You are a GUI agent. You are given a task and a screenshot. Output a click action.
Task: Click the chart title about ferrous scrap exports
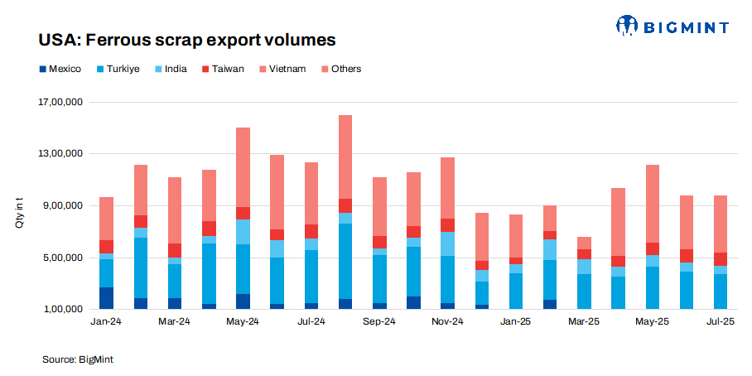click(x=186, y=40)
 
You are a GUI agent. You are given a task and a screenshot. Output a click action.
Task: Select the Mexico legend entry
click(x=59, y=69)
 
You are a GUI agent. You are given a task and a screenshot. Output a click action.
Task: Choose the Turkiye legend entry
click(x=118, y=69)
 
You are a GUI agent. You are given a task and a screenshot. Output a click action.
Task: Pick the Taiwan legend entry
click(x=222, y=69)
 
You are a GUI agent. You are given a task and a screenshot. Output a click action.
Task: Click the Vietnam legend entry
click(x=282, y=69)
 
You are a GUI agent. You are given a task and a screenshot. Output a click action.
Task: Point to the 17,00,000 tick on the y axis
click(x=61, y=103)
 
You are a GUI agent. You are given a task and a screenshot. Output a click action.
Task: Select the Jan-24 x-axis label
click(x=106, y=321)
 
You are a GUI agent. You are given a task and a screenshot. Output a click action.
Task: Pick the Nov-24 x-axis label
click(x=447, y=321)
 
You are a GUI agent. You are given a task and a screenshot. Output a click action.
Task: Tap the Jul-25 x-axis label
click(x=720, y=321)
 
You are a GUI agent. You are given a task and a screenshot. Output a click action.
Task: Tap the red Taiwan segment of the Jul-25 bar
click(x=720, y=259)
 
